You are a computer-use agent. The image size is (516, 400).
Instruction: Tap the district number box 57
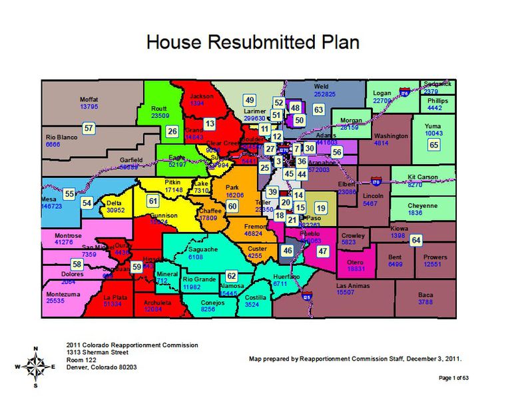pos(89,127)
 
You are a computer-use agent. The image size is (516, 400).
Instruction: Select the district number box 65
pos(434,145)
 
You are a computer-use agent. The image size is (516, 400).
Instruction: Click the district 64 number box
pos(416,240)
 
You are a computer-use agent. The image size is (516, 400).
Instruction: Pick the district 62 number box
pos(231,275)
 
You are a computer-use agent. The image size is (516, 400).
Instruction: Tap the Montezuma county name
pos(65,294)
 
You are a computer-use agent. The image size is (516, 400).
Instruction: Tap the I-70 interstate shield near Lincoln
pos(376,181)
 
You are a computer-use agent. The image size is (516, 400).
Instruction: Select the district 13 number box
pos(210,123)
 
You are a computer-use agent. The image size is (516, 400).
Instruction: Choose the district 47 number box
pos(323,251)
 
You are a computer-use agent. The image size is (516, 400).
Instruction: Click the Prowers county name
pos(435,257)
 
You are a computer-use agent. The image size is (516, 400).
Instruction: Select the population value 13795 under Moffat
pos(89,107)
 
